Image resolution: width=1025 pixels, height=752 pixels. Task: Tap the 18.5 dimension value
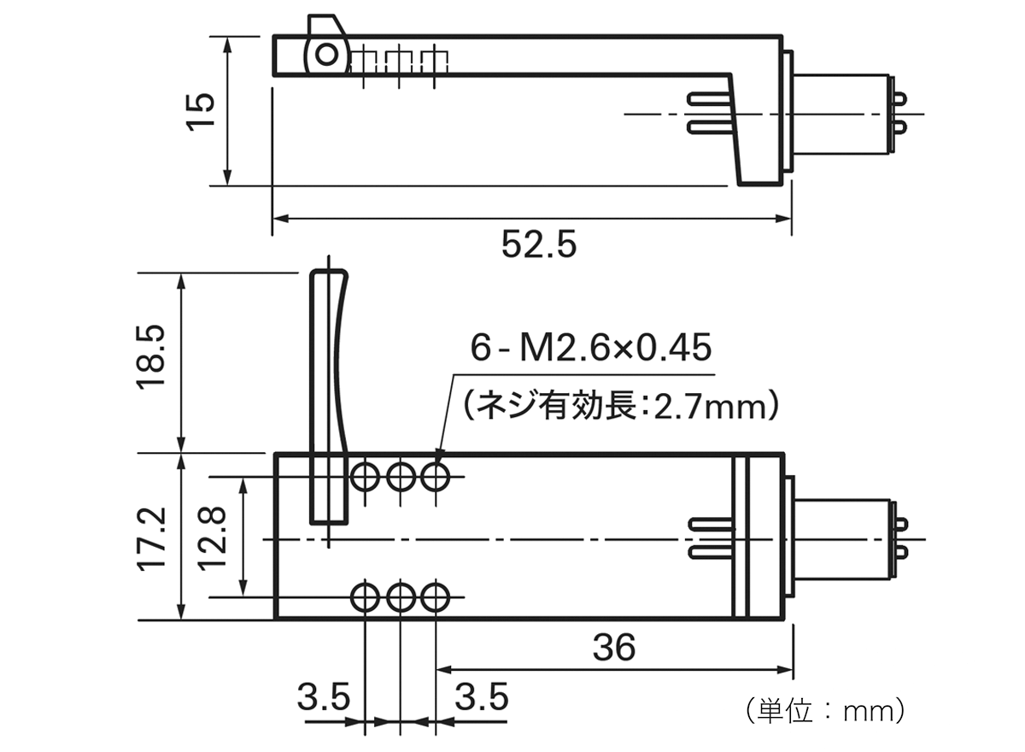[x=154, y=361]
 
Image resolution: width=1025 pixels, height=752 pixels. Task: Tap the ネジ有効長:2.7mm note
[x=621, y=405]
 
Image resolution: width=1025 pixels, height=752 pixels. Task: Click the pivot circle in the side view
[x=325, y=55]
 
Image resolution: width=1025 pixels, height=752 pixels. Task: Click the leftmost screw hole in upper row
[x=365, y=476]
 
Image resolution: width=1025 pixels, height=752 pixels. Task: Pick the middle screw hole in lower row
[x=400, y=596]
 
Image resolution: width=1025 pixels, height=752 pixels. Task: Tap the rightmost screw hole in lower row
[x=436, y=596]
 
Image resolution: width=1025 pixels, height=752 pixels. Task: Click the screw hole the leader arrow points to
[x=436, y=476]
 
